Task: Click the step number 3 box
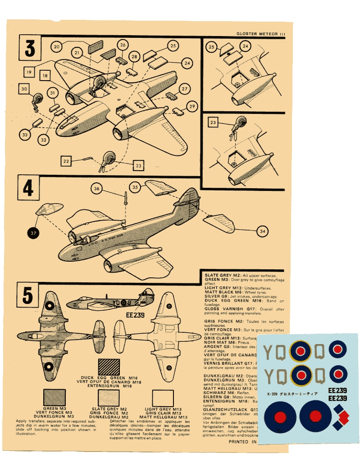(x=30, y=48)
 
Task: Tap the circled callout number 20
(x=56, y=46)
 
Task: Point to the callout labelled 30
(x=24, y=89)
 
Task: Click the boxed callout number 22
(x=66, y=161)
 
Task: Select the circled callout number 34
(x=262, y=231)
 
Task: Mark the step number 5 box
(x=27, y=295)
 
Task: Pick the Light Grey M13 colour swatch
(x=163, y=398)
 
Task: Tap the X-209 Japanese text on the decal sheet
(x=292, y=393)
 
